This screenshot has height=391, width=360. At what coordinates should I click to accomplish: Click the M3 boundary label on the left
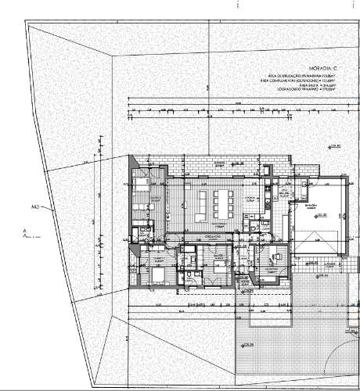click(35, 207)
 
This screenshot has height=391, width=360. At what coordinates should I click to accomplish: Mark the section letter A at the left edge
click(26, 231)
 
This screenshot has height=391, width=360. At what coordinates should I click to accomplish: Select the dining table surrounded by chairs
click(215, 205)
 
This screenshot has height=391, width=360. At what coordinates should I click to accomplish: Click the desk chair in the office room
click(275, 257)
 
